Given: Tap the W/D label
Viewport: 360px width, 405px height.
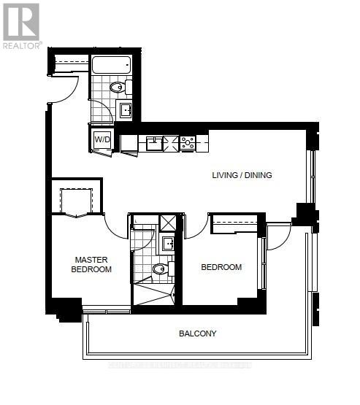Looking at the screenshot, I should coord(102,139).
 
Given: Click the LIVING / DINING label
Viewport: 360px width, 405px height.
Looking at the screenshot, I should coord(242,175).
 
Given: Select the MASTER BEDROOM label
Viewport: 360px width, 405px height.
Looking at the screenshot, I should coord(91,264).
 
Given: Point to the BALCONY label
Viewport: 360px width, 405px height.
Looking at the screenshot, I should coord(198,333).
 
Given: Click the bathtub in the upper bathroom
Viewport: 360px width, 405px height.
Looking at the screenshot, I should coord(111,64).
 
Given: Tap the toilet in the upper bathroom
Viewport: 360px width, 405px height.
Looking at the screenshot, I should coord(119,88).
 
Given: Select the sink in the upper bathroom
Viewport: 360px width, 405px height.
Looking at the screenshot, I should coord(125,110).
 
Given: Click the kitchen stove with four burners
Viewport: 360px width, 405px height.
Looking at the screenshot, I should coord(187,142).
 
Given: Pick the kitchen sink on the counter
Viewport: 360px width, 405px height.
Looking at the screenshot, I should coord(153,143).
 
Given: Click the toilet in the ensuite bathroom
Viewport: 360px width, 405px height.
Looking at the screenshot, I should coord(161,270).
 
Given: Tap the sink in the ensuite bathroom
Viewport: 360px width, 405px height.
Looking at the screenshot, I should coord(168,242).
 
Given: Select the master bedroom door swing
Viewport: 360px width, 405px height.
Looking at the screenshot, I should coord(115,225).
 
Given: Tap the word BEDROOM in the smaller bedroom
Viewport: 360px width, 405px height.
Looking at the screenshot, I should coord(221,267).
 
